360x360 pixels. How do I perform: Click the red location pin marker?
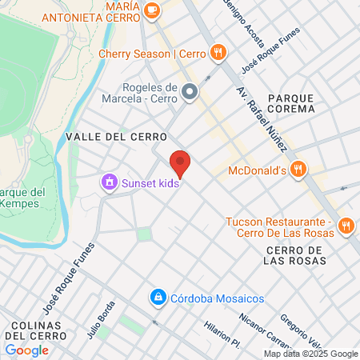181,162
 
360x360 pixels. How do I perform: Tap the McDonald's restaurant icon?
298,169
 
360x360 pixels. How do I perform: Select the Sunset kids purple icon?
108,182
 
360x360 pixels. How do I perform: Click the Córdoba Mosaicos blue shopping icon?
158,298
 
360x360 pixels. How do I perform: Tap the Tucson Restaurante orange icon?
346,226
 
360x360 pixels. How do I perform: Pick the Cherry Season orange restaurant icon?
218,54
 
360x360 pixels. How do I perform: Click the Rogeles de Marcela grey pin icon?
190,93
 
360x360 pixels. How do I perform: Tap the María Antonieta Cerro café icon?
153,11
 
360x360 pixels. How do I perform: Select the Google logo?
26,350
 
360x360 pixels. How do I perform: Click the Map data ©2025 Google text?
311,354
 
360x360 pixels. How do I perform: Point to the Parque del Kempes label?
24,197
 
